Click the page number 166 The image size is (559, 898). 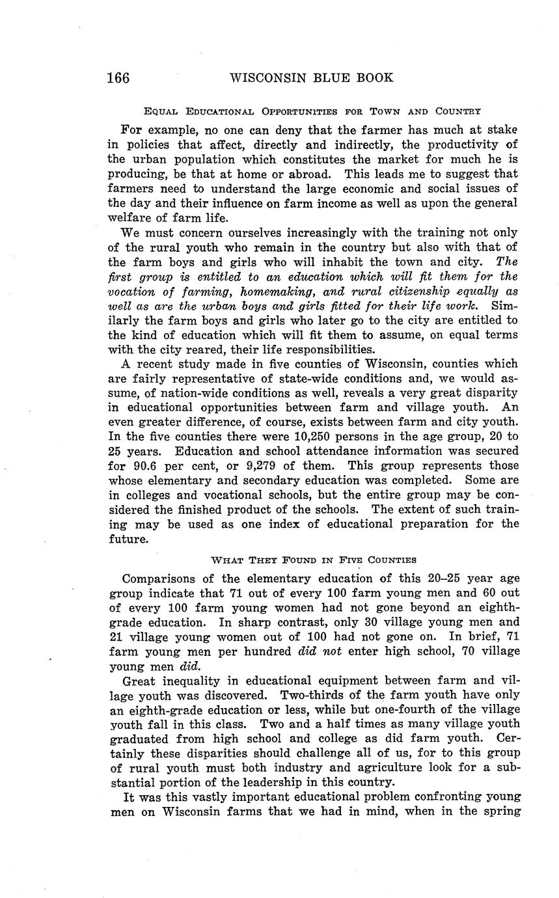[x=118, y=78]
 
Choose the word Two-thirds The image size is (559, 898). [x=297, y=694]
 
